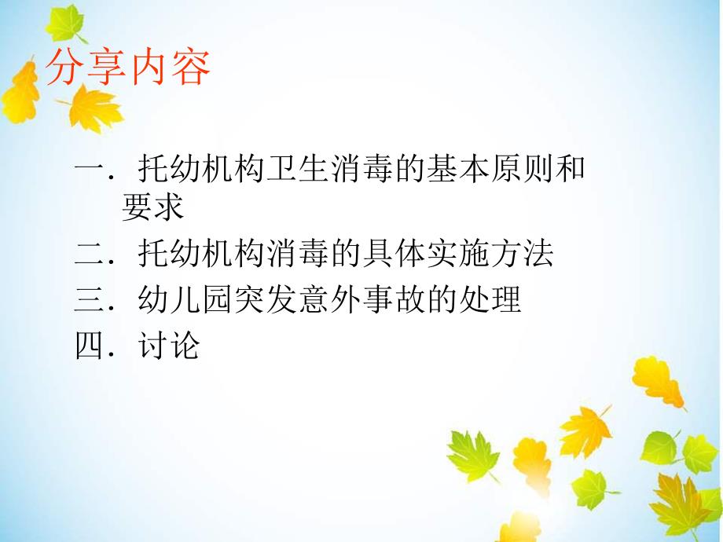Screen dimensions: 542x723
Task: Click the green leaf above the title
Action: coord(64,24)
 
